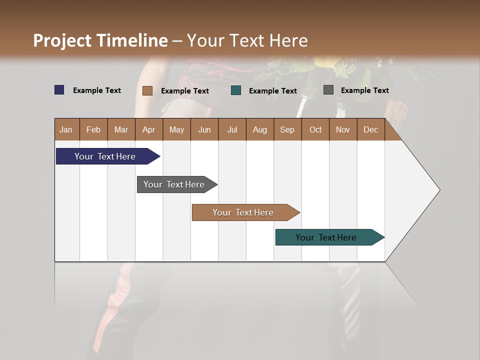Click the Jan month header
point(66,129)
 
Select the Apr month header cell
point(149,129)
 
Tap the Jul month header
point(232,129)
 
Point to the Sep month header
point(287,129)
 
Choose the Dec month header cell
point(370,129)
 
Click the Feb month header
point(93,129)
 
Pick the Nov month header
point(343,129)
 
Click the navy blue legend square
point(59,90)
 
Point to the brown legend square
point(147,90)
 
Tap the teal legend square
point(236,90)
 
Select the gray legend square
point(328,90)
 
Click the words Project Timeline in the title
point(100,40)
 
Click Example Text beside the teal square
point(273,91)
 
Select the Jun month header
point(204,129)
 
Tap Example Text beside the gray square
point(364,90)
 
